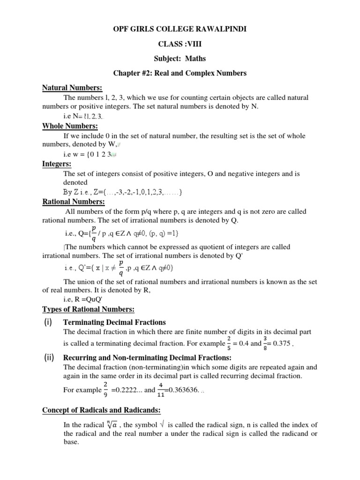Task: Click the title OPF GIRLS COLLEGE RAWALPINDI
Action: pos(180,30)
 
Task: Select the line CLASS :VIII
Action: pos(180,44)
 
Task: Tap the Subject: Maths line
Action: pos(180,59)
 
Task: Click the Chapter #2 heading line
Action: pos(180,74)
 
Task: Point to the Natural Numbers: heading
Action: pos(73,89)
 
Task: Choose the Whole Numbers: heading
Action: pos(70,126)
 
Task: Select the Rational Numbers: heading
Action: pos(74,202)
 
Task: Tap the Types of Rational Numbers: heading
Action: pos(88,309)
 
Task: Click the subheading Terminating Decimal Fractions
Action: pos(115,322)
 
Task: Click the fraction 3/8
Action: pos(265,343)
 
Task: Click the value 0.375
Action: pos(285,343)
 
